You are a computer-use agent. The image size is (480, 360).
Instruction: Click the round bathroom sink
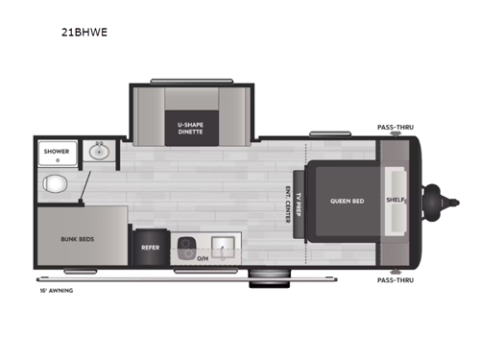[98, 150]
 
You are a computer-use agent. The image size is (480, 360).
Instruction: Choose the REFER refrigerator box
[150, 247]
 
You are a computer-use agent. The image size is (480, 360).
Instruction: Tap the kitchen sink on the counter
[221, 247]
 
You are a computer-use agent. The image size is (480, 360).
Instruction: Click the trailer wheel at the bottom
[261, 280]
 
